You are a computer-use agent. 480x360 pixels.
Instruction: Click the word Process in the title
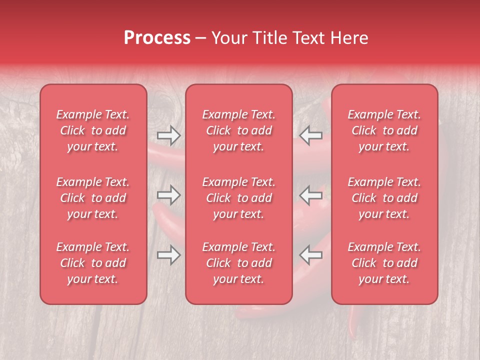click(x=157, y=38)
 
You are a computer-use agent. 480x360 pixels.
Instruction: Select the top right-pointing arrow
click(x=168, y=135)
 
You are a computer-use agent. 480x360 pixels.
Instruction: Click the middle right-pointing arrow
click(x=168, y=195)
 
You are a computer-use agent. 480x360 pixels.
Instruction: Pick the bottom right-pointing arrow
click(x=168, y=254)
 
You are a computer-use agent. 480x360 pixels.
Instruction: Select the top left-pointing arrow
click(x=311, y=135)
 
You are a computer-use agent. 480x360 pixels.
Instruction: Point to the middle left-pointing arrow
click(x=311, y=195)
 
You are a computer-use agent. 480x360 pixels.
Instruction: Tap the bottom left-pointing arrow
click(x=311, y=254)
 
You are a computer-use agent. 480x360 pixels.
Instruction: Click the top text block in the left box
click(x=93, y=130)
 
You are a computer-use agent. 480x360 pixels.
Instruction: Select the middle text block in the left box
click(x=93, y=198)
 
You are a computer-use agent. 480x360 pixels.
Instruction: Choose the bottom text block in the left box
click(x=93, y=263)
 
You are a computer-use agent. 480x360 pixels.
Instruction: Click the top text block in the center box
click(x=238, y=130)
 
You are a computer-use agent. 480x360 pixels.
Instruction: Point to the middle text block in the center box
click(x=238, y=198)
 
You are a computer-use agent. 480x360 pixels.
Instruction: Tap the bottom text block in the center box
click(x=238, y=263)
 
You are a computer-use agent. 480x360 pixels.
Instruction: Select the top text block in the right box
click(x=384, y=130)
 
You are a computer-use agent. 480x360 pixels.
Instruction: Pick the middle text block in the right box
click(x=384, y=198)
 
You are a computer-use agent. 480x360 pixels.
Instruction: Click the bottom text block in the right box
click(x=384, y=263)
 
